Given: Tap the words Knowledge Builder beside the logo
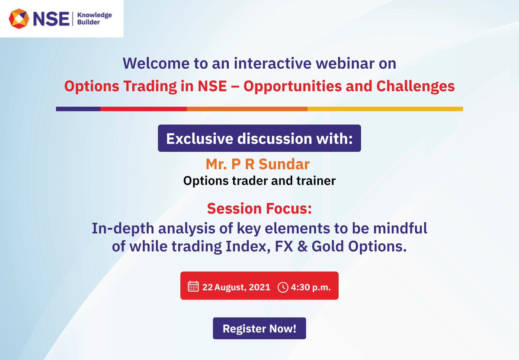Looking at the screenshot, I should (94, 18).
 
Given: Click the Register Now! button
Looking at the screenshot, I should (259, 328).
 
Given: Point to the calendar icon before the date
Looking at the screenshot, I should (193, 287).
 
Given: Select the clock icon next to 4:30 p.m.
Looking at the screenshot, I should (282, 287).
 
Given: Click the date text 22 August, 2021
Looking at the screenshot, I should (236, 287).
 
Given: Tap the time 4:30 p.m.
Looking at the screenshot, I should (311, 287).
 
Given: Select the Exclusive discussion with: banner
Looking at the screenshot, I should (259, 139).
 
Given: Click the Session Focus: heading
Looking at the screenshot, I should (259, 209).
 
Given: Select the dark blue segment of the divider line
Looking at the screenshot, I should (78, 109).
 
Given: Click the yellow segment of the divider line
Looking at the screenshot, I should (385, 109).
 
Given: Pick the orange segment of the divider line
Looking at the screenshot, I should (247, 109).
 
